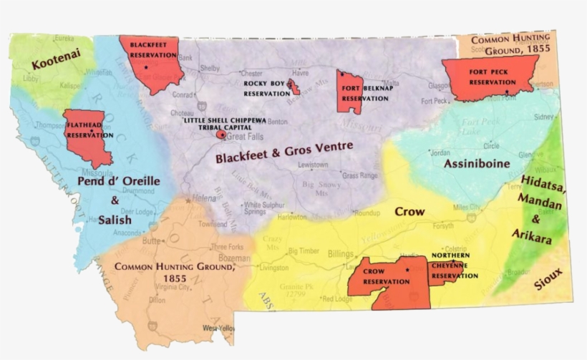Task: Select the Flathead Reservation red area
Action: (x=90, y=136)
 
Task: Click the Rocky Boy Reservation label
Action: (x=266, y=88)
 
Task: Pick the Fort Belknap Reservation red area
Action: (x=349, y=92)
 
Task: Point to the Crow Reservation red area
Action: (x=387, y=281)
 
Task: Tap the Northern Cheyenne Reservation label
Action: (x=455, y=264)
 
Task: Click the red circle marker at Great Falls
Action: (x=221, y=134)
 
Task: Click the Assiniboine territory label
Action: (x=476, y=163)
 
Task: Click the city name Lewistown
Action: (x=313, y=165)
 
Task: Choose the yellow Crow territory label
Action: (x=410, y=212)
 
